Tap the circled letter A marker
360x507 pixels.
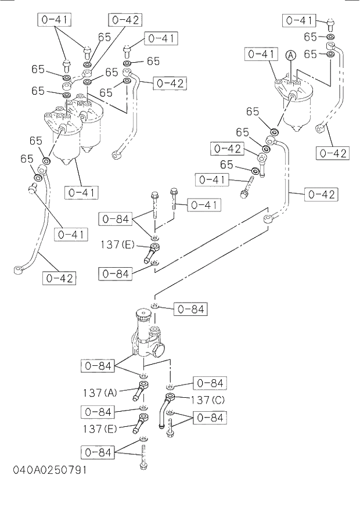291,55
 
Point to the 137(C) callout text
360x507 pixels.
208,399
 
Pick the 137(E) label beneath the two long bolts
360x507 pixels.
118,245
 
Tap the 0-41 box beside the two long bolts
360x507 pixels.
203,204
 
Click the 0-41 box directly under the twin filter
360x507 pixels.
82,191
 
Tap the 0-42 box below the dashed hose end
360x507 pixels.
332,153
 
